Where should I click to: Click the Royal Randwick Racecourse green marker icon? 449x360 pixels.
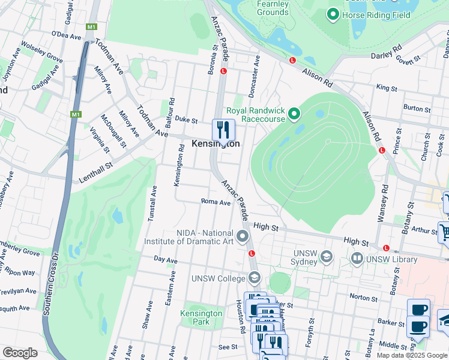click(x=294, y=113)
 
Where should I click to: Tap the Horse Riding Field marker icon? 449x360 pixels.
click(x=333, y=13)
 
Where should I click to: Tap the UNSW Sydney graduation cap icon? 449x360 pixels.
click(x=326, y=257)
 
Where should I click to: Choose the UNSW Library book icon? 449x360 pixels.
click(x=357, y=259)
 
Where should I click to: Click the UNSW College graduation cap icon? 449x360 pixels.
click(x=255, y=278)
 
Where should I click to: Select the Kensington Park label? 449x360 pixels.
click(x=201, y=317)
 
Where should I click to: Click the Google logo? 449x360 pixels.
click(x=19, y=353)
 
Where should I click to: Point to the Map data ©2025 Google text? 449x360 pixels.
click(x=412, y=355)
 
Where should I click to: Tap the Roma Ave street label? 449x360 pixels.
click(x=215, y=203)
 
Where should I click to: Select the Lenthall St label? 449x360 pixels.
click(x=95, y=173)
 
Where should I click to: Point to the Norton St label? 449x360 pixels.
click(x=363, y=297)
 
